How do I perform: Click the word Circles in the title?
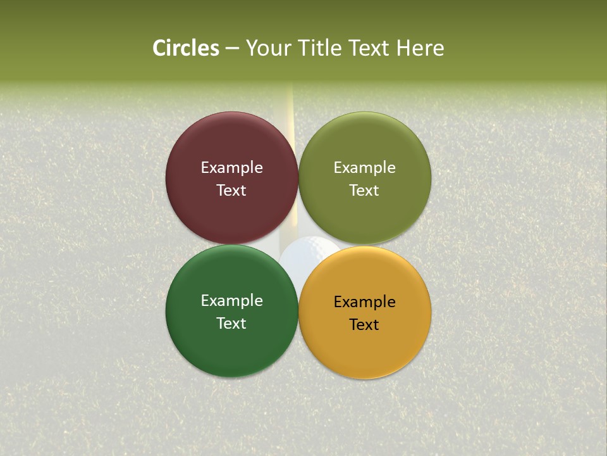click(x=185, y=48)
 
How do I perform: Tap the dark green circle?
click(x=231, y=345)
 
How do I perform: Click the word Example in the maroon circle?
click(x=231, y=168)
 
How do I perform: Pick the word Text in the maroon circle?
click(x=231, y=191)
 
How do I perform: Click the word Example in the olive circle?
click(x=364, y=168)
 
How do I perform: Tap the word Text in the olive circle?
click(x=364, y=191)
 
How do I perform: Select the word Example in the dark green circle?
click(x=231, y=301)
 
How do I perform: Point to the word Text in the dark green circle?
click(x=231, y=324)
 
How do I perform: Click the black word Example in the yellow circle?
click(x=364, y=302)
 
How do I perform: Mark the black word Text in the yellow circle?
click(x=364, y=325)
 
